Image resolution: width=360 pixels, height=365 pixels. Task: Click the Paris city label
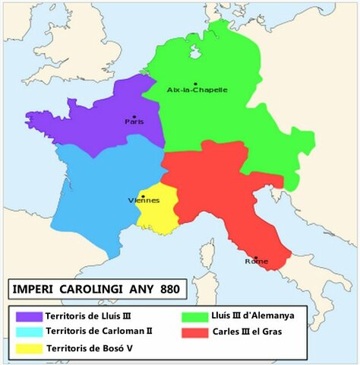134,122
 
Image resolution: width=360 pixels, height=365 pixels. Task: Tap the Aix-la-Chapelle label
197,90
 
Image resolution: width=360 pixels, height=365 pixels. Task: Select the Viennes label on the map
144,201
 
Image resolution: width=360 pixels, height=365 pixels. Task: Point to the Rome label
256,262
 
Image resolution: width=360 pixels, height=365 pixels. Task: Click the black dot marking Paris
134,116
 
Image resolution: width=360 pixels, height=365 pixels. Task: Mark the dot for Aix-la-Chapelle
196,83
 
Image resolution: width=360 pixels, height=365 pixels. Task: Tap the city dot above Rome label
256,257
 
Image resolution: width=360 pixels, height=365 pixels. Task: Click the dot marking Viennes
143,195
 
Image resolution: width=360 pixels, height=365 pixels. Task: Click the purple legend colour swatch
28,316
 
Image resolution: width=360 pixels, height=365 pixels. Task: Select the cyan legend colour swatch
28,332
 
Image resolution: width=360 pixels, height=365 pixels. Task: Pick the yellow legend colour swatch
28,349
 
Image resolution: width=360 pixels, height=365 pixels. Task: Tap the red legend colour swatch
194,332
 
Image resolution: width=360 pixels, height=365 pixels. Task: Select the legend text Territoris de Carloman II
99,332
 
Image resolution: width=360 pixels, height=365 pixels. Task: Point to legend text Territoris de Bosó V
93,349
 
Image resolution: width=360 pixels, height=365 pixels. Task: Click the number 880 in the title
169,290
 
